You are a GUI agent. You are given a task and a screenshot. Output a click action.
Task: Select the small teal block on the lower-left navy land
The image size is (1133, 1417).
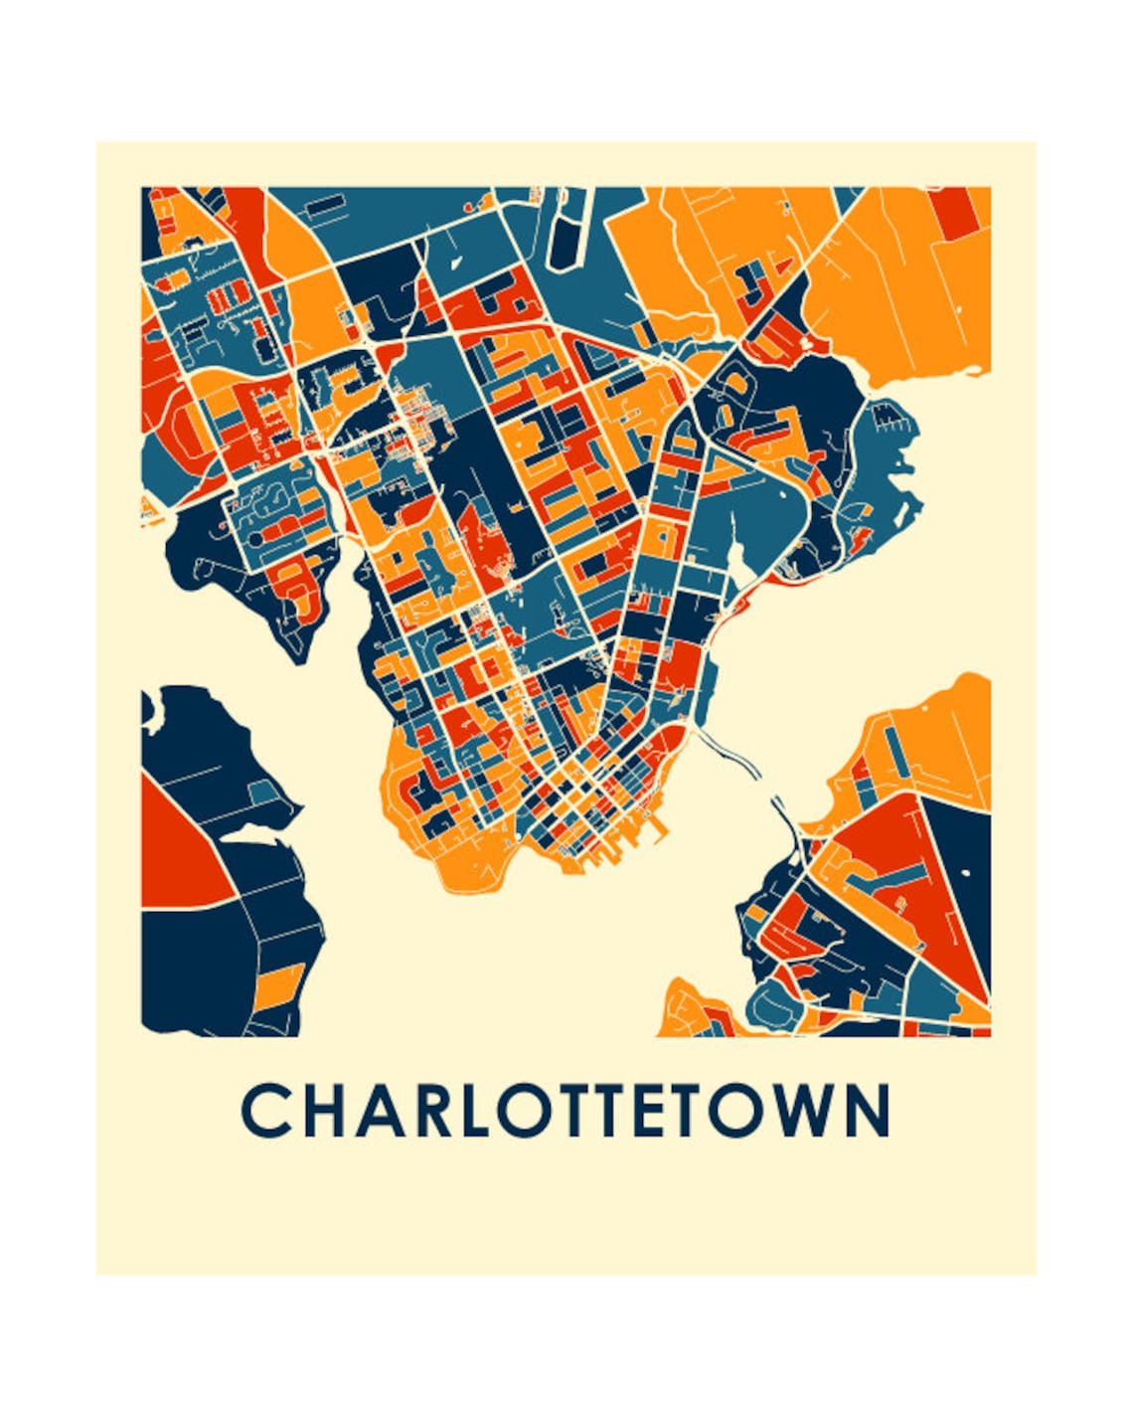[264, 793]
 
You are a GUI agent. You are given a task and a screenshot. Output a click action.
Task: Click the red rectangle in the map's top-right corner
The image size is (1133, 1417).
[959, 212]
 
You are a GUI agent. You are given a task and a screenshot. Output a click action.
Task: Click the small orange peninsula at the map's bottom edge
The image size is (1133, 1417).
[691, 1009]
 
